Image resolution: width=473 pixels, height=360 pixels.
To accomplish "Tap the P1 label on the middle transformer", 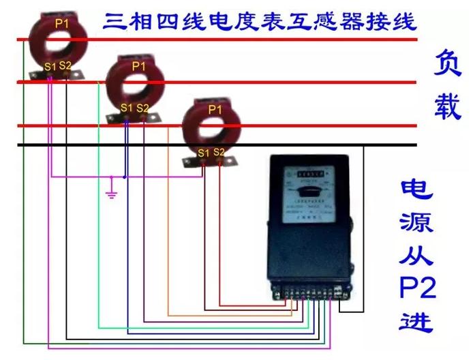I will pos(139,66).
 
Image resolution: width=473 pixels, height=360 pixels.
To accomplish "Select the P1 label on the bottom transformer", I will pos(215,109).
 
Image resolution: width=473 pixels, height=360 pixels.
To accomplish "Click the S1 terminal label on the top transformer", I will pos(50,67).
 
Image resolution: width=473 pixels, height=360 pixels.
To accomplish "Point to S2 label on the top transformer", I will pos(65,65).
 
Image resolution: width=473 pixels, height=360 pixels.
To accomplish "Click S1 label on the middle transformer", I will pos(126,108).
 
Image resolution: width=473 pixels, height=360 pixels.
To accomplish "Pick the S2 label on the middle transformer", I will pos(142,108).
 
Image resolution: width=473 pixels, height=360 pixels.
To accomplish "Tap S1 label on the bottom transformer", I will pos(203,153).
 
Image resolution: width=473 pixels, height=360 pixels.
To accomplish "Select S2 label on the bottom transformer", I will pos(219,151).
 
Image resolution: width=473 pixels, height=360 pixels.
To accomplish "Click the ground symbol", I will pos(112,194).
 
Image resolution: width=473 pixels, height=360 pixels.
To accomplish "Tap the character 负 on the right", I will pos(448,65).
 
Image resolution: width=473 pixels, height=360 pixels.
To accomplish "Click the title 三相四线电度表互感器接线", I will pos(258,20).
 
